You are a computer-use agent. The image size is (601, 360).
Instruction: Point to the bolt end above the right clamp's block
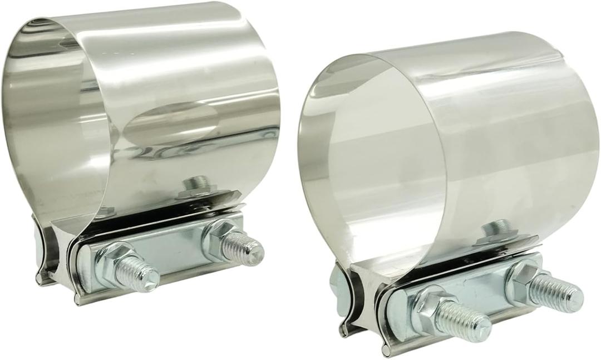496,228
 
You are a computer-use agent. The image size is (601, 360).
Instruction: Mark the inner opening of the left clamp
56,111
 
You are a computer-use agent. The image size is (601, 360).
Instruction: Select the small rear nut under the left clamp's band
103,211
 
